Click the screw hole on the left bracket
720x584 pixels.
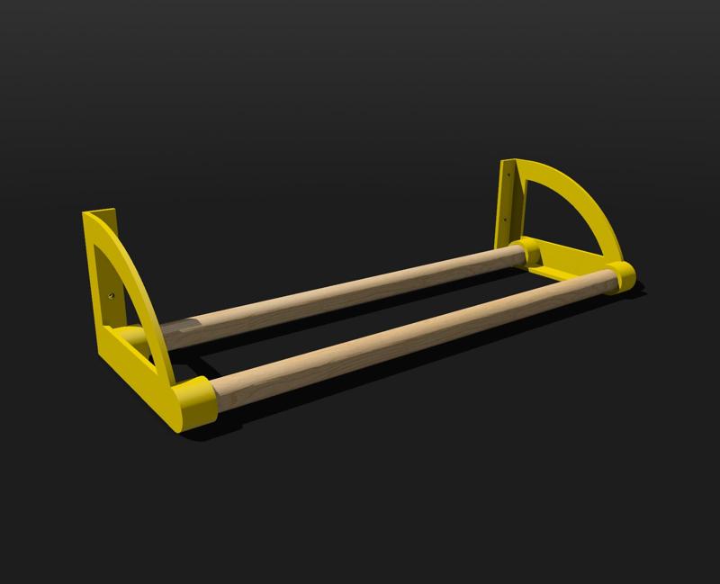click(x=110, y=292)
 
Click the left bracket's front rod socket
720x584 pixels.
click(x=192, y=403)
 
